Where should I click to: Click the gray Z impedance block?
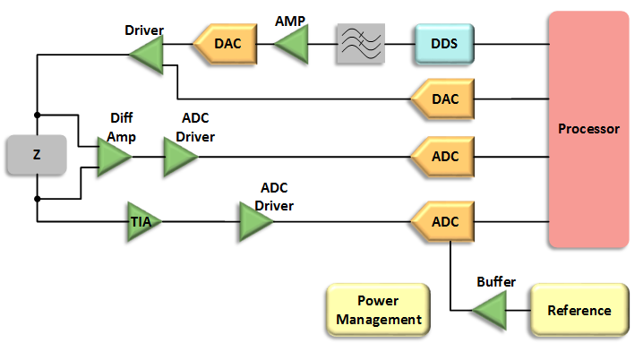click(36, 155)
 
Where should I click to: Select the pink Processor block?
click(587, 129)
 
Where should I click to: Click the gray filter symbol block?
click(361, 42)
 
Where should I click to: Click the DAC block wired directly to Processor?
click(442, 99)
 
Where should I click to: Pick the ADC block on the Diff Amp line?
click(442, 157)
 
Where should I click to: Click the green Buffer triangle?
click(489, 311)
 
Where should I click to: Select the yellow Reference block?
click(579, 311)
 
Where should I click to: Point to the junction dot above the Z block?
click(37, 115)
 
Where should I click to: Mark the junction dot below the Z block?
click(37, 197)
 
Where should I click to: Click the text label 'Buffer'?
click(495, 282)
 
